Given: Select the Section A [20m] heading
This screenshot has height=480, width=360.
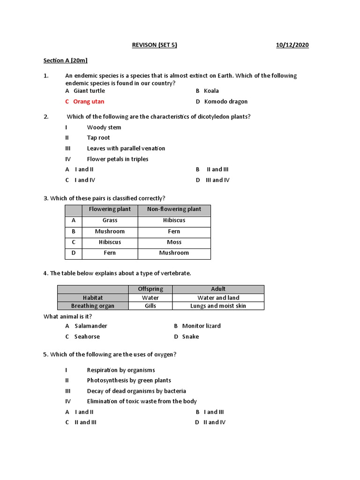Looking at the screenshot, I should coord(66,60).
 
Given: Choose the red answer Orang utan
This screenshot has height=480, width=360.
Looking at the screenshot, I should coord(89,101).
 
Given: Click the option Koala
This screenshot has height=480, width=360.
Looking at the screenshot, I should coord(211,91).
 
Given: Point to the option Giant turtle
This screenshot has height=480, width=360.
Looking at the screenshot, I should coord(89,91).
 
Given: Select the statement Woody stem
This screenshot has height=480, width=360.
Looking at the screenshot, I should coord(104,127).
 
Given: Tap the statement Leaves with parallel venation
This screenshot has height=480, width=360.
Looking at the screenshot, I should coord(126,148).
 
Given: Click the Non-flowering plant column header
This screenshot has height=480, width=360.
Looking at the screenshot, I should coord(174,210).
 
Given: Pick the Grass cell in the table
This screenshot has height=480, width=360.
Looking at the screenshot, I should coord(110,220).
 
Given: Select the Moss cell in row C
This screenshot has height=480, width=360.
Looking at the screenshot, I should coord(174,242).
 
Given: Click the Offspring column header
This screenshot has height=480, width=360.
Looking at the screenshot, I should coord(150,289).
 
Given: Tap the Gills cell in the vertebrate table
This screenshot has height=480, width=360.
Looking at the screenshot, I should coord(150,306).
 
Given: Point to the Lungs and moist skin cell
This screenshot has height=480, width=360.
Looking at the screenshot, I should coord(218,306).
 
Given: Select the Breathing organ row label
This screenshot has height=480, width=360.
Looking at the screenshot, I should coord(92,306).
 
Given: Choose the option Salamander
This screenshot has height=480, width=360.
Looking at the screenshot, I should coord(90,326).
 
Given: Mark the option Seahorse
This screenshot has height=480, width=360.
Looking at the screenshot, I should coord(87,337).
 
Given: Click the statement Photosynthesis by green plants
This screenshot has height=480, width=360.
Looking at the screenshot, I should coord(129,380).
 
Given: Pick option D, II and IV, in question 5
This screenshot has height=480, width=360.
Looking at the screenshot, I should coord(214,422).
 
